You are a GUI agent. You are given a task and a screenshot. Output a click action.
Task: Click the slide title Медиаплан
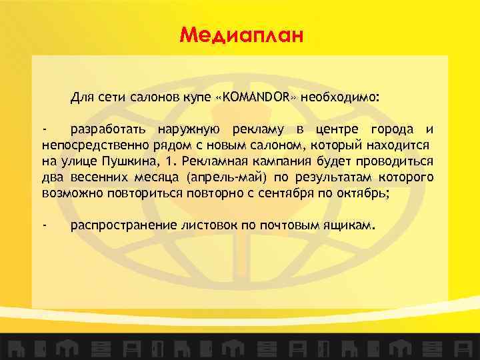241,33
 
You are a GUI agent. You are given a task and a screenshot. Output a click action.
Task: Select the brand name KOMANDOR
257,97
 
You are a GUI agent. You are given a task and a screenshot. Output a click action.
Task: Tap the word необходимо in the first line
339,97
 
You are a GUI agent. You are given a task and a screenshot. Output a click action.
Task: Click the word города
394,129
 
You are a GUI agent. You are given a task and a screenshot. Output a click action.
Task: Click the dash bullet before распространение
44,225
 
